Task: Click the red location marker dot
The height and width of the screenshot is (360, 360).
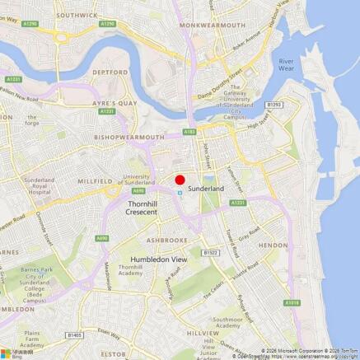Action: coord(180,180)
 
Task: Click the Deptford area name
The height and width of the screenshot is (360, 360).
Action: coord(110,72)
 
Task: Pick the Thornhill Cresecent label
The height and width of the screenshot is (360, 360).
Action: coord(142,207)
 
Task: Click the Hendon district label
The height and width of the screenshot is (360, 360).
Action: coord(273,245)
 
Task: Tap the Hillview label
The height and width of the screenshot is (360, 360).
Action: coord(203,333)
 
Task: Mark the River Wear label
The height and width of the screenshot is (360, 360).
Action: coord(286,65)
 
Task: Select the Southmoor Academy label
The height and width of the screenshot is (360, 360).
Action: coord(227,322)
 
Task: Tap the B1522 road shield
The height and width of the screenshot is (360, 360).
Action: coord(211,253)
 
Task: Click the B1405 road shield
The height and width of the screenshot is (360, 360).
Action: coord(75,335)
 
